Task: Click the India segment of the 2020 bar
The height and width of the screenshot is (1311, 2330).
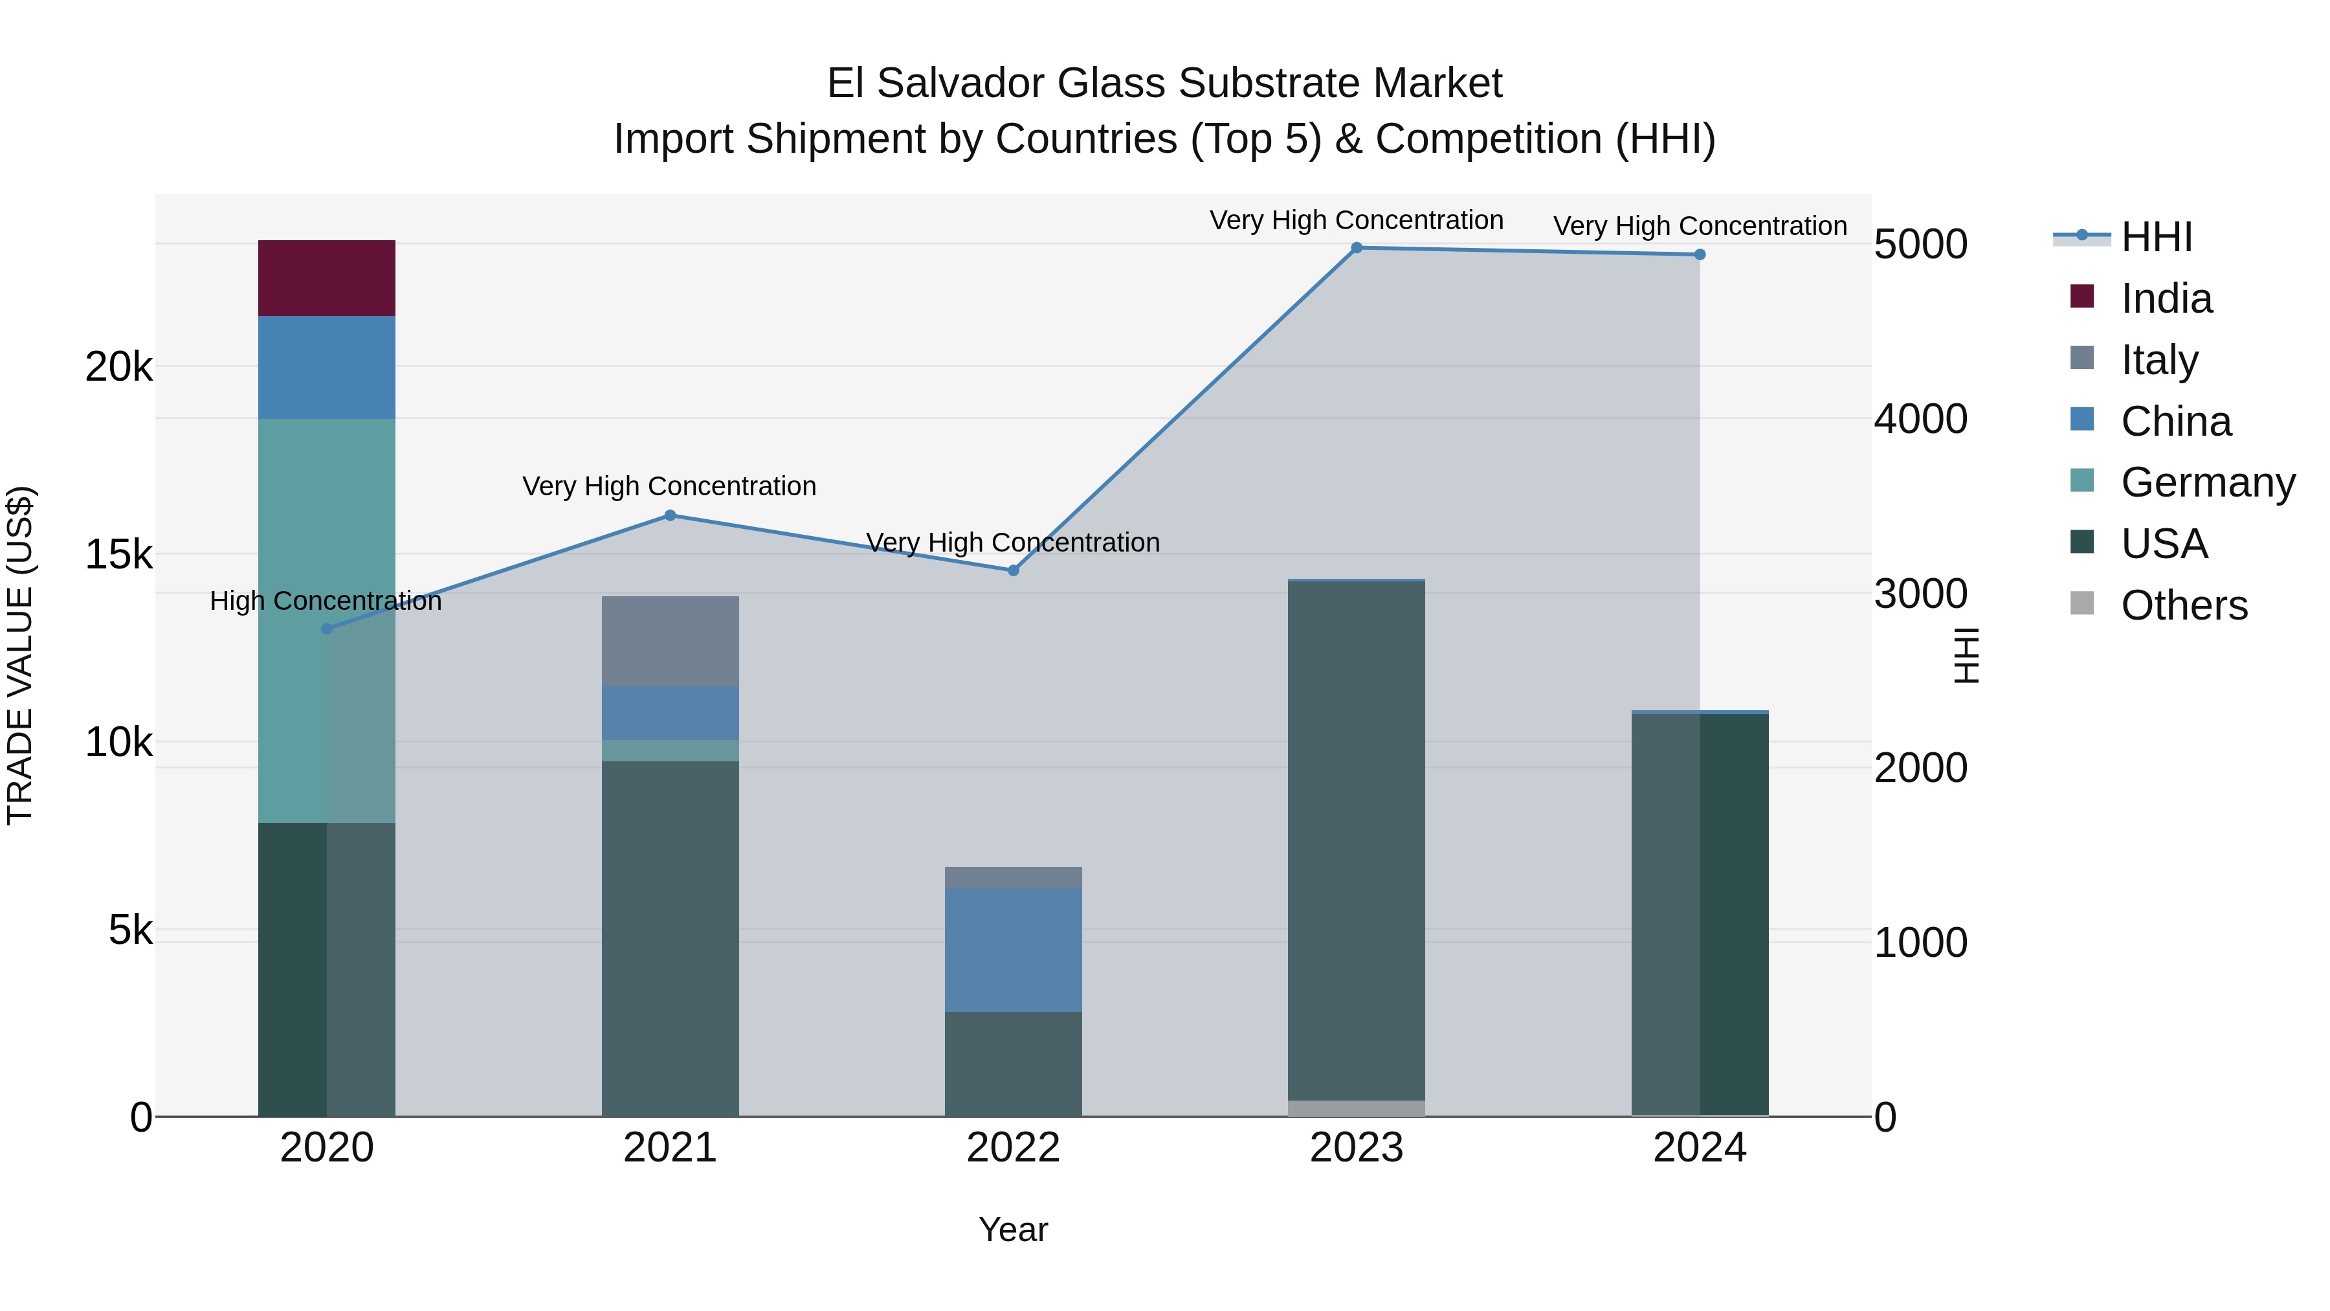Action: (x=327, y=278)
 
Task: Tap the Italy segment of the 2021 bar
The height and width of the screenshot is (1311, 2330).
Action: (x=671, y=640)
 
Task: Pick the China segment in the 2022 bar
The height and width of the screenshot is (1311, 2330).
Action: (x=1013, y=949)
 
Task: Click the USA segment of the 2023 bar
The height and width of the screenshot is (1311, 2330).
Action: (x=1356, y=842)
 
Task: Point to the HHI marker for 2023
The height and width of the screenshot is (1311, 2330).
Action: (x=1356, y=248)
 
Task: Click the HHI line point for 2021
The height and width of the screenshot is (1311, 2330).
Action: (x=671, y=516)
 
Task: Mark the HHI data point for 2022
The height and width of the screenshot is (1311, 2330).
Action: (x=1013, y=571)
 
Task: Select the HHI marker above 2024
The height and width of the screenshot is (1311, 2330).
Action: (x=1700, y=255)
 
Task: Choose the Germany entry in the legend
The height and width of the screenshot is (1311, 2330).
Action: (x=2207, y=482)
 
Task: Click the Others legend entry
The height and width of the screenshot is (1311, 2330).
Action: (x=2184, y=605)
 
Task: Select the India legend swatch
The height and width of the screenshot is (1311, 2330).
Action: (x=2082, y=297)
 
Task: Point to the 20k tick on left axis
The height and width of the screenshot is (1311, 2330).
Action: (x=118, y=367)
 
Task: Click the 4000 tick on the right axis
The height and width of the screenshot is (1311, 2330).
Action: (x=1920, y=419)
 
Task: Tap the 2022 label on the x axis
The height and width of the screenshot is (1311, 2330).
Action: (x=1013, y=1148)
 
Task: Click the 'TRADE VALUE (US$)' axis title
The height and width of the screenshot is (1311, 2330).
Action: (x=20, y=655)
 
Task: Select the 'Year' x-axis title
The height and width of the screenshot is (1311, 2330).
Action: (x=1013, y=1229)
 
